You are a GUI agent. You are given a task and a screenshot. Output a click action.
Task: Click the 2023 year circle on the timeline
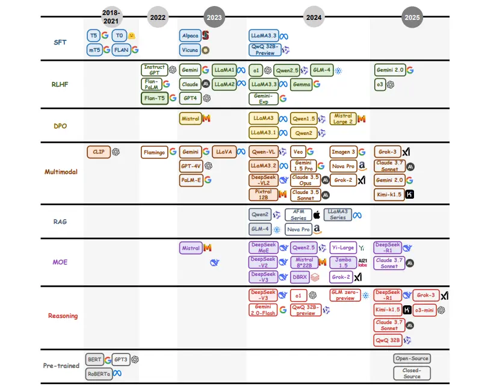(x=214, y=17)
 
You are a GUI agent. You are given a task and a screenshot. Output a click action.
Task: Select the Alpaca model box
(x=190, y=36)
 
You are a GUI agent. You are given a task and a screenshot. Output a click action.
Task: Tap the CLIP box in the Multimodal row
(x=99, y=152)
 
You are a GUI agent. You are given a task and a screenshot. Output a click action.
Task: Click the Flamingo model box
(x=154, y=152)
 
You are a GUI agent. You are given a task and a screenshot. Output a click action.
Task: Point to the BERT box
(x=94, y=359)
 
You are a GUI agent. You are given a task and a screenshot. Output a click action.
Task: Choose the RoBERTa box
(x=99, y=374)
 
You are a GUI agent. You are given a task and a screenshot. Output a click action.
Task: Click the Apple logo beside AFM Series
(x=317, y=215)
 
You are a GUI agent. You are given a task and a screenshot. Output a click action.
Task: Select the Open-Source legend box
(x=412, y=358)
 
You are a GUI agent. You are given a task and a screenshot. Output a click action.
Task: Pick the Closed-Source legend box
(x=412, y=373)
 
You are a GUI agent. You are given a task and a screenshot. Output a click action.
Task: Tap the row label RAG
(x=60, y=222)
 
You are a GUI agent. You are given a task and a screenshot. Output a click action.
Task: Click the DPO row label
(x=60, y=126)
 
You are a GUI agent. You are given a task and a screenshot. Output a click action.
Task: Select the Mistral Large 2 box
(x=343, y=119)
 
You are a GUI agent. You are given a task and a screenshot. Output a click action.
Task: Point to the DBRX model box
(x=300, y=277)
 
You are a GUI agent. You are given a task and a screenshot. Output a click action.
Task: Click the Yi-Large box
(x=343, y=248)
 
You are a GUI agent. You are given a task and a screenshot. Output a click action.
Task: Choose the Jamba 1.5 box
(x=343, y=263)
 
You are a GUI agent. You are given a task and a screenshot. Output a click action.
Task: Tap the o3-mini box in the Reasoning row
(x=424, y=310)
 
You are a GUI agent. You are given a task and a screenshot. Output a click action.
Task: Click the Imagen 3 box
(x=344, y=152)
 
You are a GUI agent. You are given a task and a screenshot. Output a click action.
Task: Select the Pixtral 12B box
(x=264, y=194)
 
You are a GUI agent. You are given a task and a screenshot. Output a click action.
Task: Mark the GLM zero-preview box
(x=345, y=295)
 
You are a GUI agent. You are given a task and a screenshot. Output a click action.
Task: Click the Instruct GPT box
(x=154, y=70)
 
